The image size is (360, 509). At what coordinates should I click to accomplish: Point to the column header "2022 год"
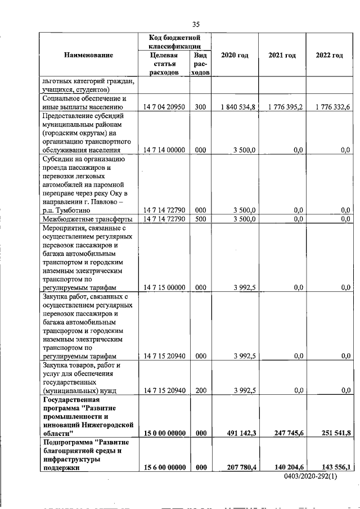(330, 55)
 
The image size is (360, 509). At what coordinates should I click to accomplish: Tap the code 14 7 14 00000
(164, 150)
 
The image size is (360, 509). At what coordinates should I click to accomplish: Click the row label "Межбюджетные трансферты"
(87, 219)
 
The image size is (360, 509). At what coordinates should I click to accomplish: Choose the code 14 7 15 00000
(164, 287)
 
